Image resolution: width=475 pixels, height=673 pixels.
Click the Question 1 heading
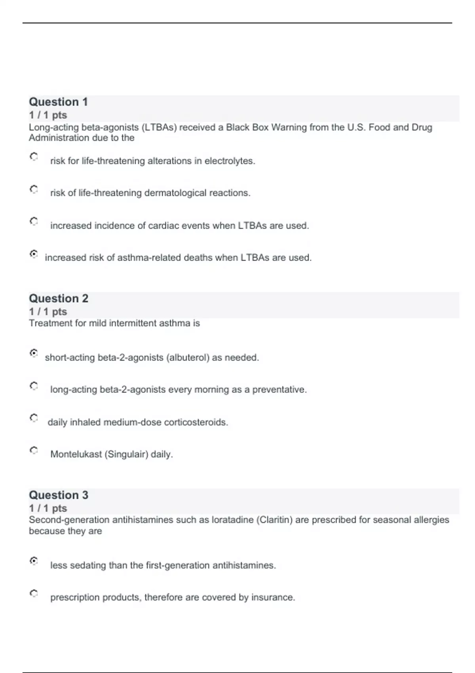click(58, 102)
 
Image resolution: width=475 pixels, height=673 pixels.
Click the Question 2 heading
click(59, 298)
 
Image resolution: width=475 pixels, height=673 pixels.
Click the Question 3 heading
click(59, 495)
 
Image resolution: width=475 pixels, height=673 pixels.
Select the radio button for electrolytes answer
click(34, 157)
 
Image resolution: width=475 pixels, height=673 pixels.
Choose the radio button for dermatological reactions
click(34, 189)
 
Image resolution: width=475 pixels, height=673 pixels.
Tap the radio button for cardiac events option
click(34, 221)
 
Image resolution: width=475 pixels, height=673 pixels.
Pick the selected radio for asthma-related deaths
click(34, 254)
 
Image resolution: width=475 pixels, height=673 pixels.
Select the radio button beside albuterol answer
click(34, 353)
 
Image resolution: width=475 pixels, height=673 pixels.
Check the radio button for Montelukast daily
click(34, 450)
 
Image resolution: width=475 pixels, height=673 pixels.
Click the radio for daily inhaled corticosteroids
click(34, 418)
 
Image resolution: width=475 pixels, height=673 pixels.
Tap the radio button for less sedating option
click(34, 561)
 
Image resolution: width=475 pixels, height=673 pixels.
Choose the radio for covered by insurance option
click(34, 593)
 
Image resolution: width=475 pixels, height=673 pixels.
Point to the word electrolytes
click(230, 161)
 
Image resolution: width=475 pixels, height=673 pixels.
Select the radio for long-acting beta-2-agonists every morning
click(34, 386)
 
